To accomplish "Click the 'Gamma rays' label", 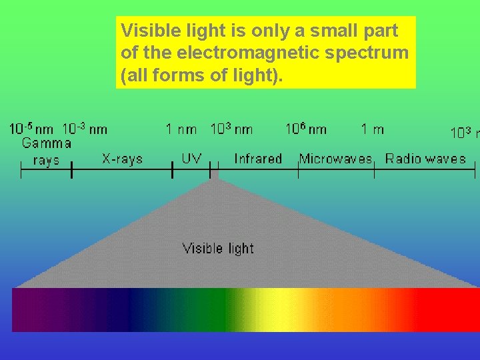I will [46, 151].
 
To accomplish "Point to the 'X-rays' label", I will [122, 159].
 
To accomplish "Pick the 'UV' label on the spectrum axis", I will [192, 159].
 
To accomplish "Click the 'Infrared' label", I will [258, 159].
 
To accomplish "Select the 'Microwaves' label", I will [336, 159].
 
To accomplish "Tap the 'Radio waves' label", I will [425, 159].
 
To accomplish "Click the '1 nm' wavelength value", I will [181, 129].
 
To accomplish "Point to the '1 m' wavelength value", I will [372, 129].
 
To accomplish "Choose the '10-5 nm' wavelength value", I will [31, 129].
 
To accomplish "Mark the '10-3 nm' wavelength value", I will [85, 129].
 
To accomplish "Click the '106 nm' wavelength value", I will [306, 129].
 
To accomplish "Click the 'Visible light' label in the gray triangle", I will [218, 249].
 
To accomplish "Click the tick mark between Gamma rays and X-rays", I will [71, 172].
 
